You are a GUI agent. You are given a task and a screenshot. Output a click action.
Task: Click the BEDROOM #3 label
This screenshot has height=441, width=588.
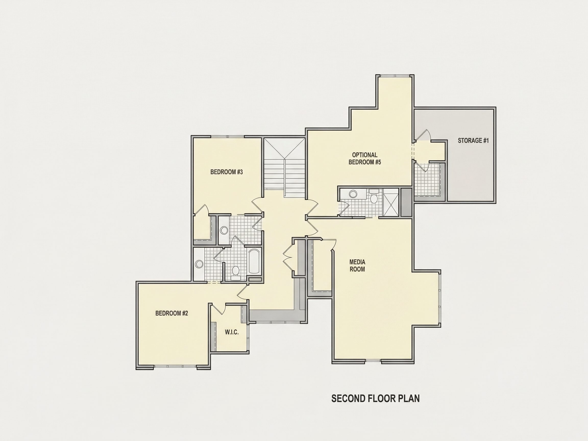coord(226,172)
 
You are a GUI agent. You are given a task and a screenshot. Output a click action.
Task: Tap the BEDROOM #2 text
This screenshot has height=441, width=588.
coord(171,313)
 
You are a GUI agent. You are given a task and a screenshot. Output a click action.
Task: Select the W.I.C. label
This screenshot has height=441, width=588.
coord(231,332)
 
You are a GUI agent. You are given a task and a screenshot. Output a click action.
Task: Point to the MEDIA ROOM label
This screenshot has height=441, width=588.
coord(357,266)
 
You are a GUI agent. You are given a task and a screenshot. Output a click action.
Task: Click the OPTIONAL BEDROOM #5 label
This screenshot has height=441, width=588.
coord(365,158)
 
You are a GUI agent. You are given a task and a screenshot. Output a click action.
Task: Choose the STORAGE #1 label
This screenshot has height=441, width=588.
coord(473,140)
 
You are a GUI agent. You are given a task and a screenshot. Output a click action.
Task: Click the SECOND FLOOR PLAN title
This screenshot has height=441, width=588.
coord(375,398)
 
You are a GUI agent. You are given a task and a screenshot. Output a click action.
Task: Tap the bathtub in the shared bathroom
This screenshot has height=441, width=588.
coord(254,261)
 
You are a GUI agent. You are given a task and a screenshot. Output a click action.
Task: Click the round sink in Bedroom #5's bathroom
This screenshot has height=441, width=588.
coord(353,194)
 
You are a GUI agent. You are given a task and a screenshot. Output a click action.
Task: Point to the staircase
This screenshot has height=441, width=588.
coord(285,167)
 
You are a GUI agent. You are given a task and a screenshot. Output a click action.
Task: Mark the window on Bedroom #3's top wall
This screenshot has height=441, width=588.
coord(228,137)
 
